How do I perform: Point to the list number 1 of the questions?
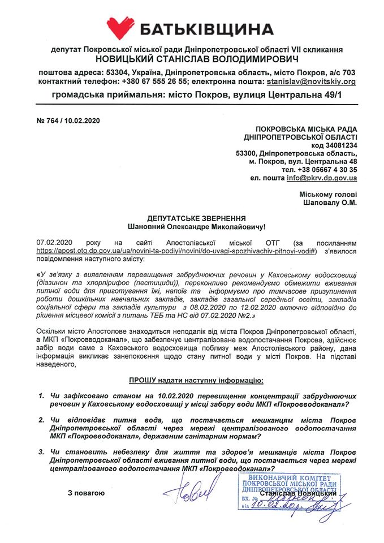coord(41,396)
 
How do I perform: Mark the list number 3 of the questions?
coord(41,453)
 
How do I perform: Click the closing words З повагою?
coord(86,493)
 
